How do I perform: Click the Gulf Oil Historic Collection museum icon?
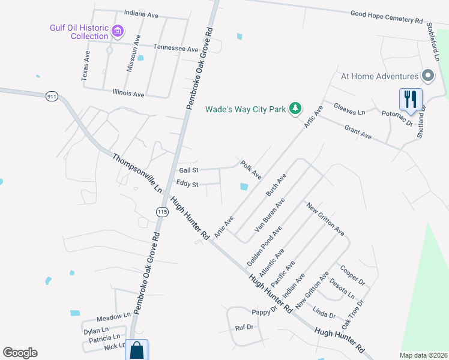pos(118,31)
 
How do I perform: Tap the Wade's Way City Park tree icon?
pos(295,109)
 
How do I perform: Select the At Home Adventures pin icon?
pos(427,76)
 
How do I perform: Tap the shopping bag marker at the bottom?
pos(137,350)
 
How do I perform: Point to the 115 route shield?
pos(161,212)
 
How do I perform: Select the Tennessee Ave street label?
pos(175,48)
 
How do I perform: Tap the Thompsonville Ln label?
pos(137,173)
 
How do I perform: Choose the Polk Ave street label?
pos(251,169)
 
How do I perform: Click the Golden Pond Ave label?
pos(264,247)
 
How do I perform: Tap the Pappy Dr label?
pos(264,312)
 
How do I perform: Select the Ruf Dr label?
pos(244,328)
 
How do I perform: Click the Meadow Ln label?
pos(113,316)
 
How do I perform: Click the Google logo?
pos(20,353)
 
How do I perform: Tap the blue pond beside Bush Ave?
pos(244,187)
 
